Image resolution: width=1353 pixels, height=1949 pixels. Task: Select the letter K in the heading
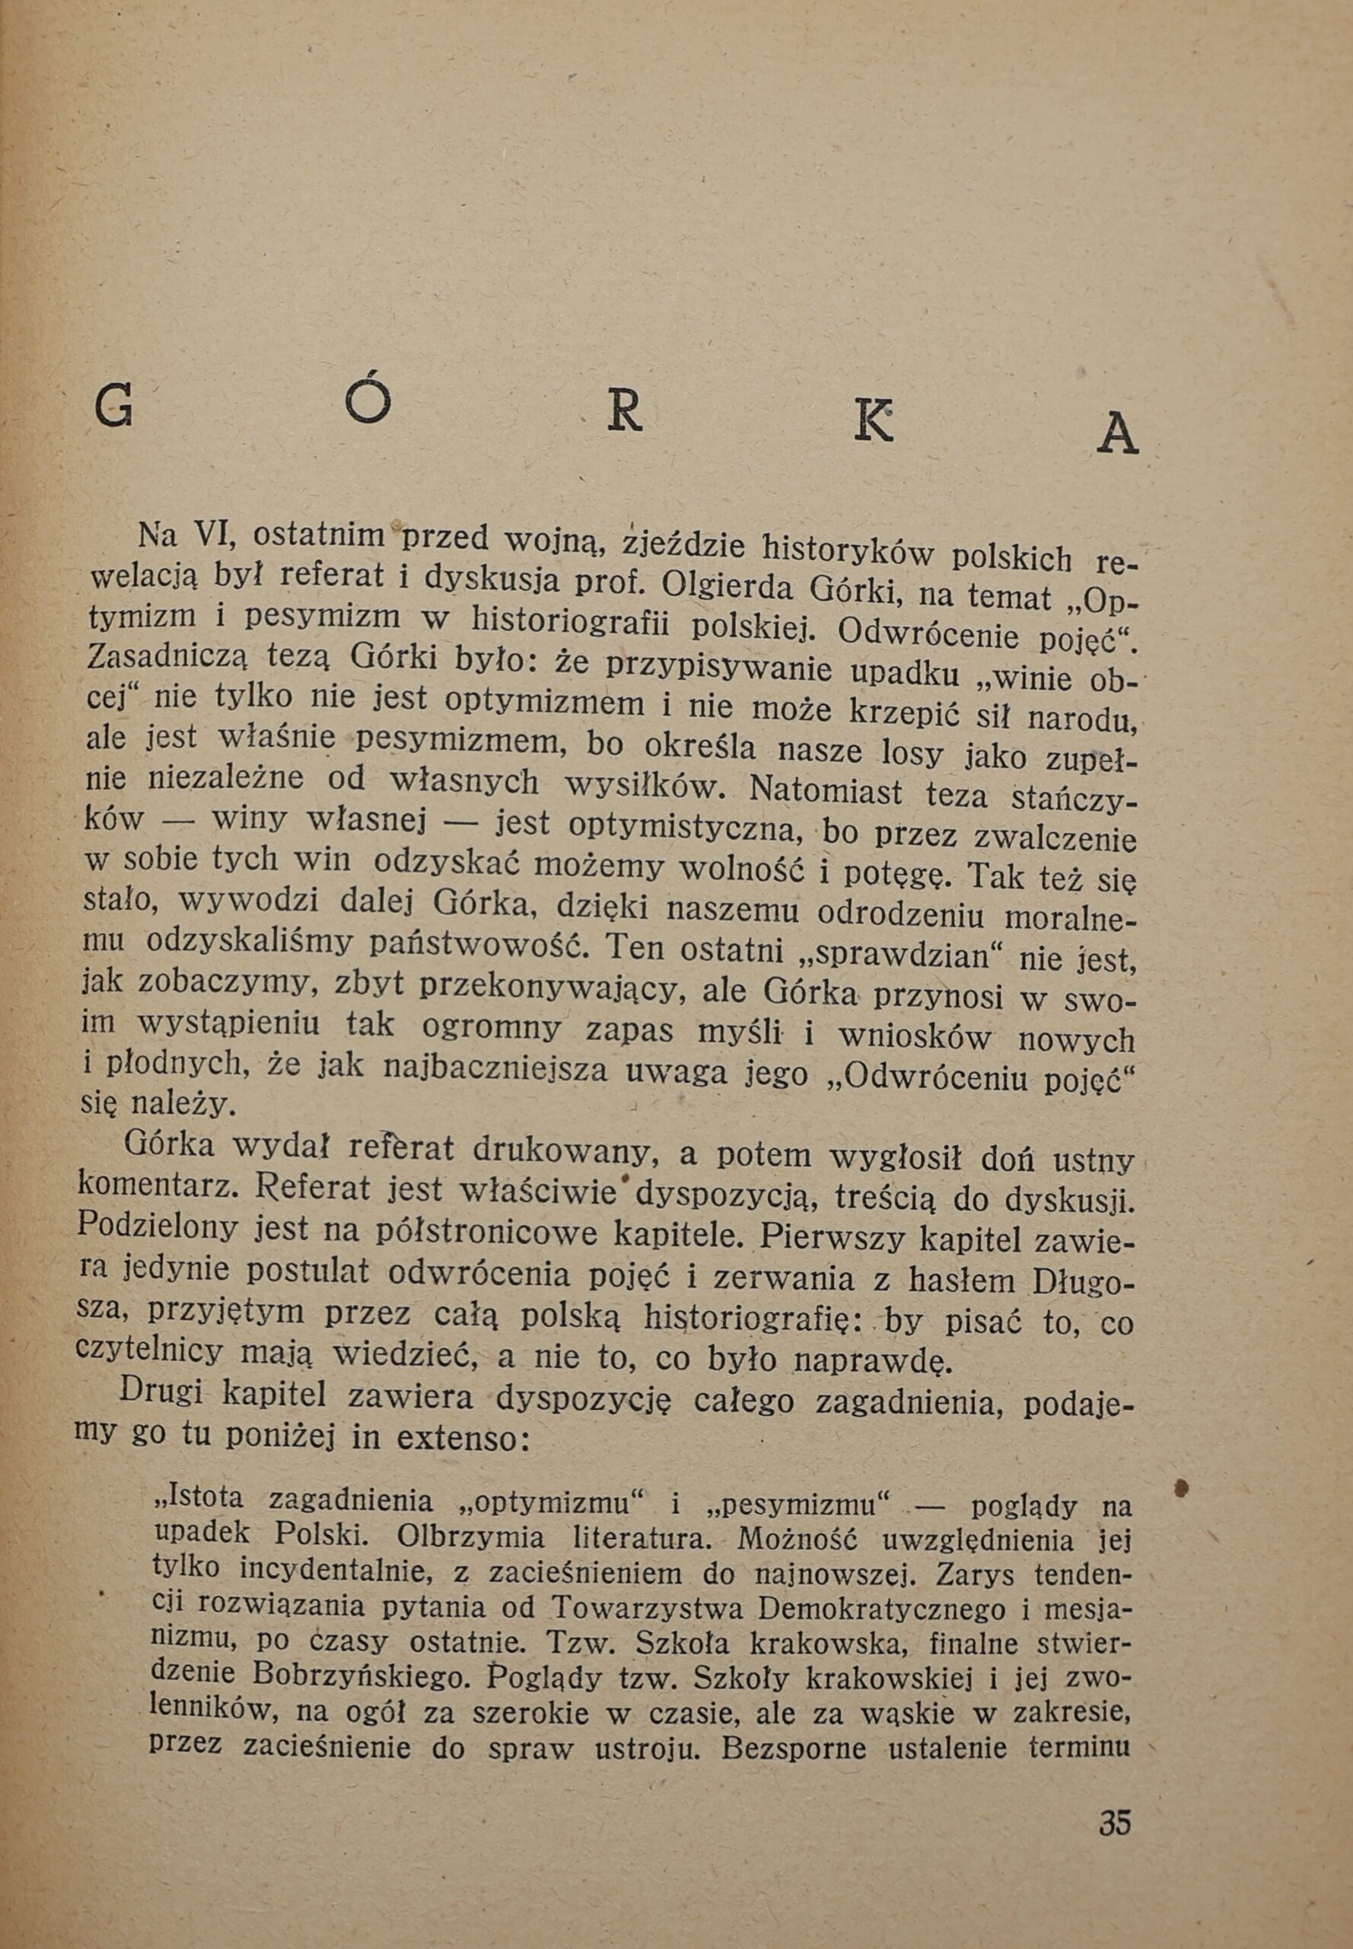873,422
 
